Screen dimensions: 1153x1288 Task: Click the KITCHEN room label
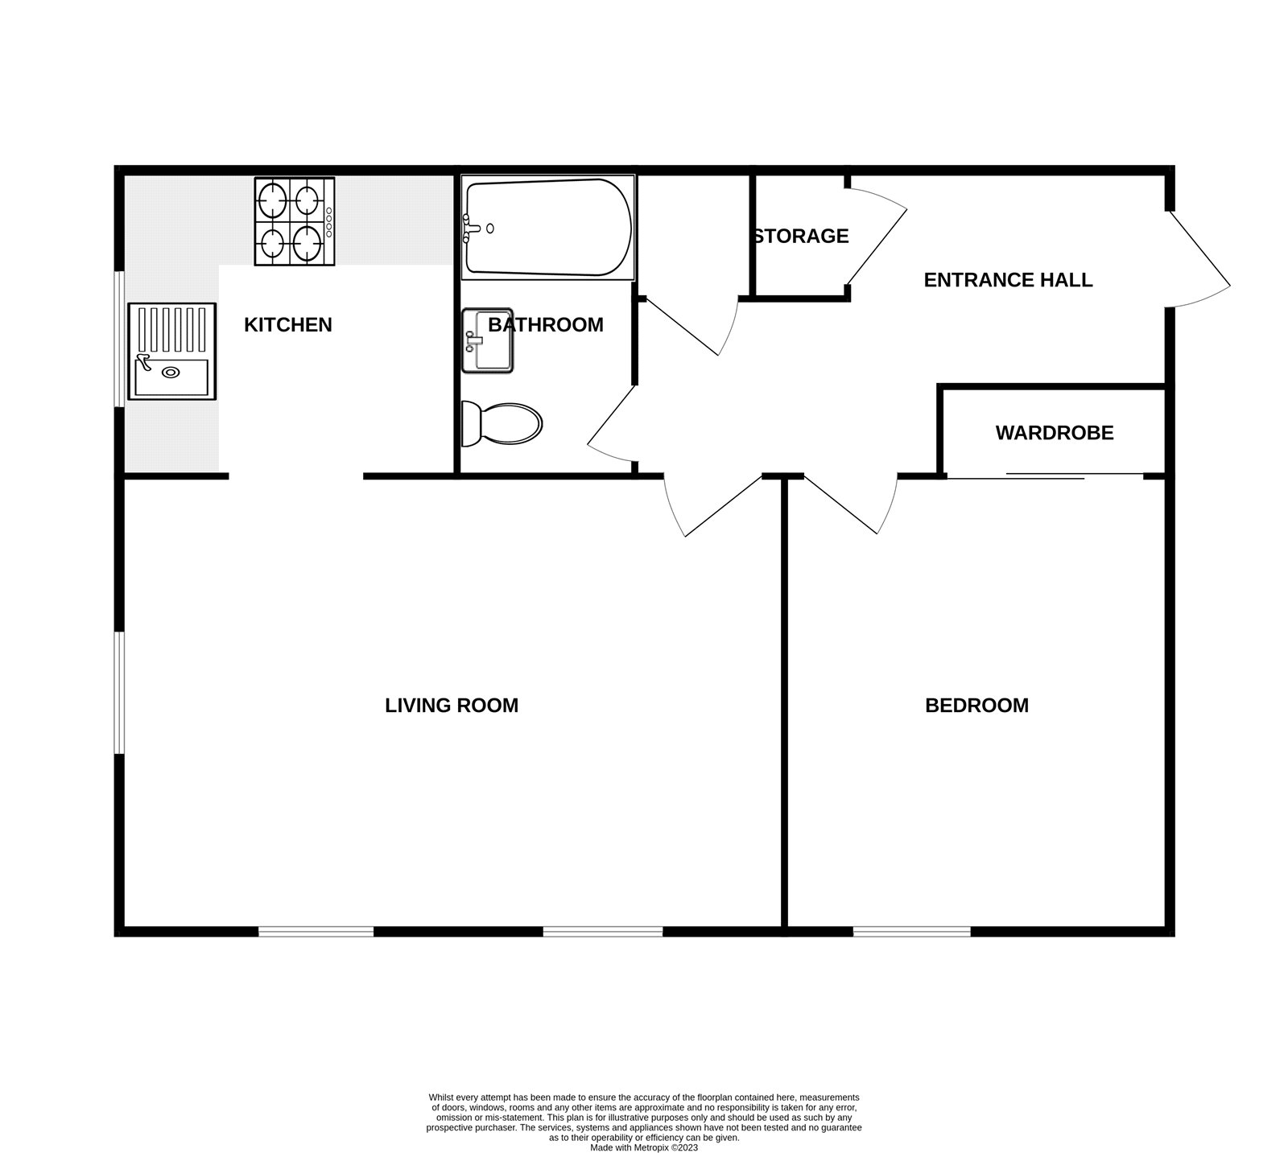287,325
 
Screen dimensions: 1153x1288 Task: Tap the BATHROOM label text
545,325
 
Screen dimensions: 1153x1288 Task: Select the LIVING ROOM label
451,706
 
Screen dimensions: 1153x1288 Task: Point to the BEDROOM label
976,706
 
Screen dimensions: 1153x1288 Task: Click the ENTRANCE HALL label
1008,280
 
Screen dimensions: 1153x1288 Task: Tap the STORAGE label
801,236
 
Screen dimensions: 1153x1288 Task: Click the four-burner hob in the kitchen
295,221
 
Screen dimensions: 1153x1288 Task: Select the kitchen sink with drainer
172,352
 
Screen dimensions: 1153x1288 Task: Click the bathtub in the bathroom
547,228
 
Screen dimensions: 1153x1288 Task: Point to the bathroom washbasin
487,340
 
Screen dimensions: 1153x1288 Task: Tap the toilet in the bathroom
501,423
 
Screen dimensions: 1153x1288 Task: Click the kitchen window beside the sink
119,339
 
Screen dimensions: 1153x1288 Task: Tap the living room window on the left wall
119,693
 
